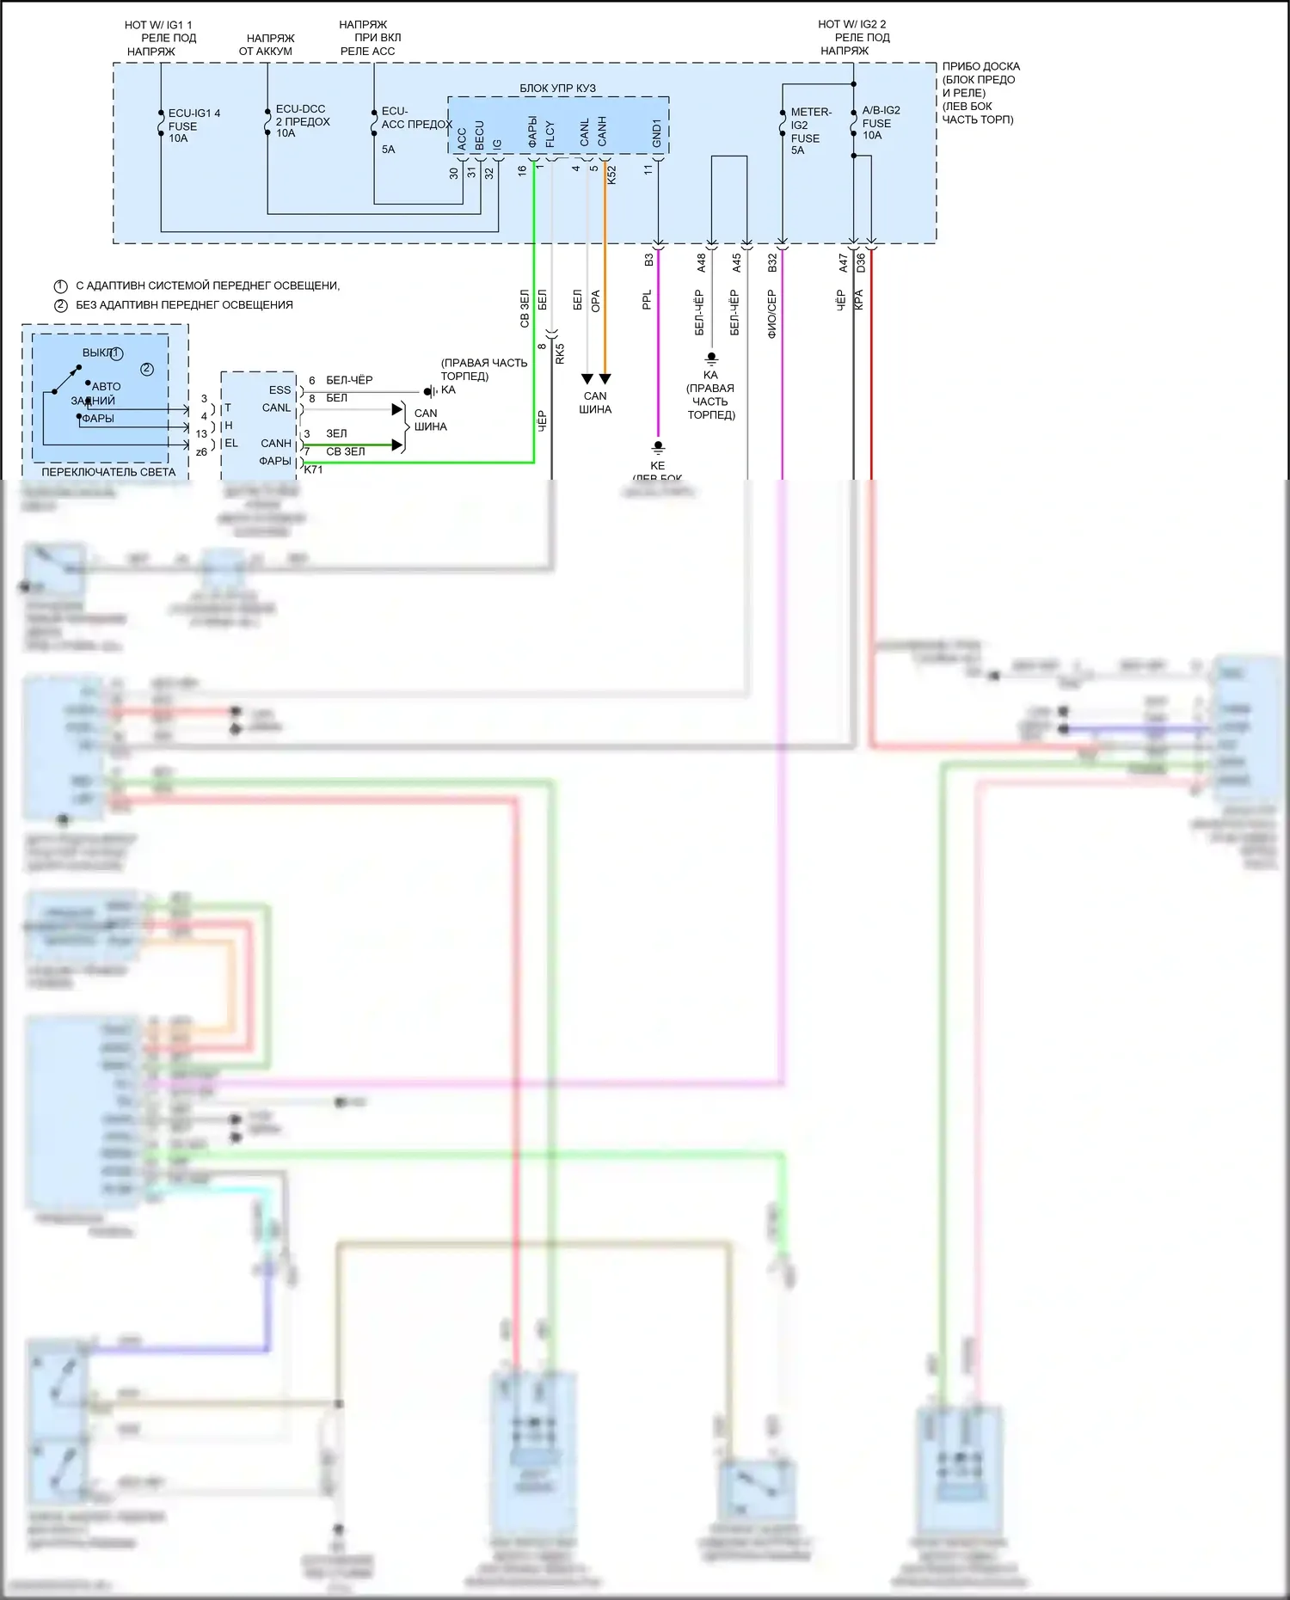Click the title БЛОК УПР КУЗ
pos(557,89)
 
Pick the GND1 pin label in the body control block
pos(657,133)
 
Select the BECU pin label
pos(480,135)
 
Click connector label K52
pos(611,175)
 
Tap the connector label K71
pos(314,469)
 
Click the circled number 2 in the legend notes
pos(61,305)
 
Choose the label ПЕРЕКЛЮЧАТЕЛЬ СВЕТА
pos(108,472)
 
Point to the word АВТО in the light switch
pos(107,387)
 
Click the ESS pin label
pos(279,389)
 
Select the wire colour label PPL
pos(647,299)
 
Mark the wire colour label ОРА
pos(595,301)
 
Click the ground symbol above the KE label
pos(658,447)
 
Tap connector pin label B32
pos(772,262)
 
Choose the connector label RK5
pos(560,353)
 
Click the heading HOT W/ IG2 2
pos(851,24)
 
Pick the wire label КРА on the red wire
pos(858,300)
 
